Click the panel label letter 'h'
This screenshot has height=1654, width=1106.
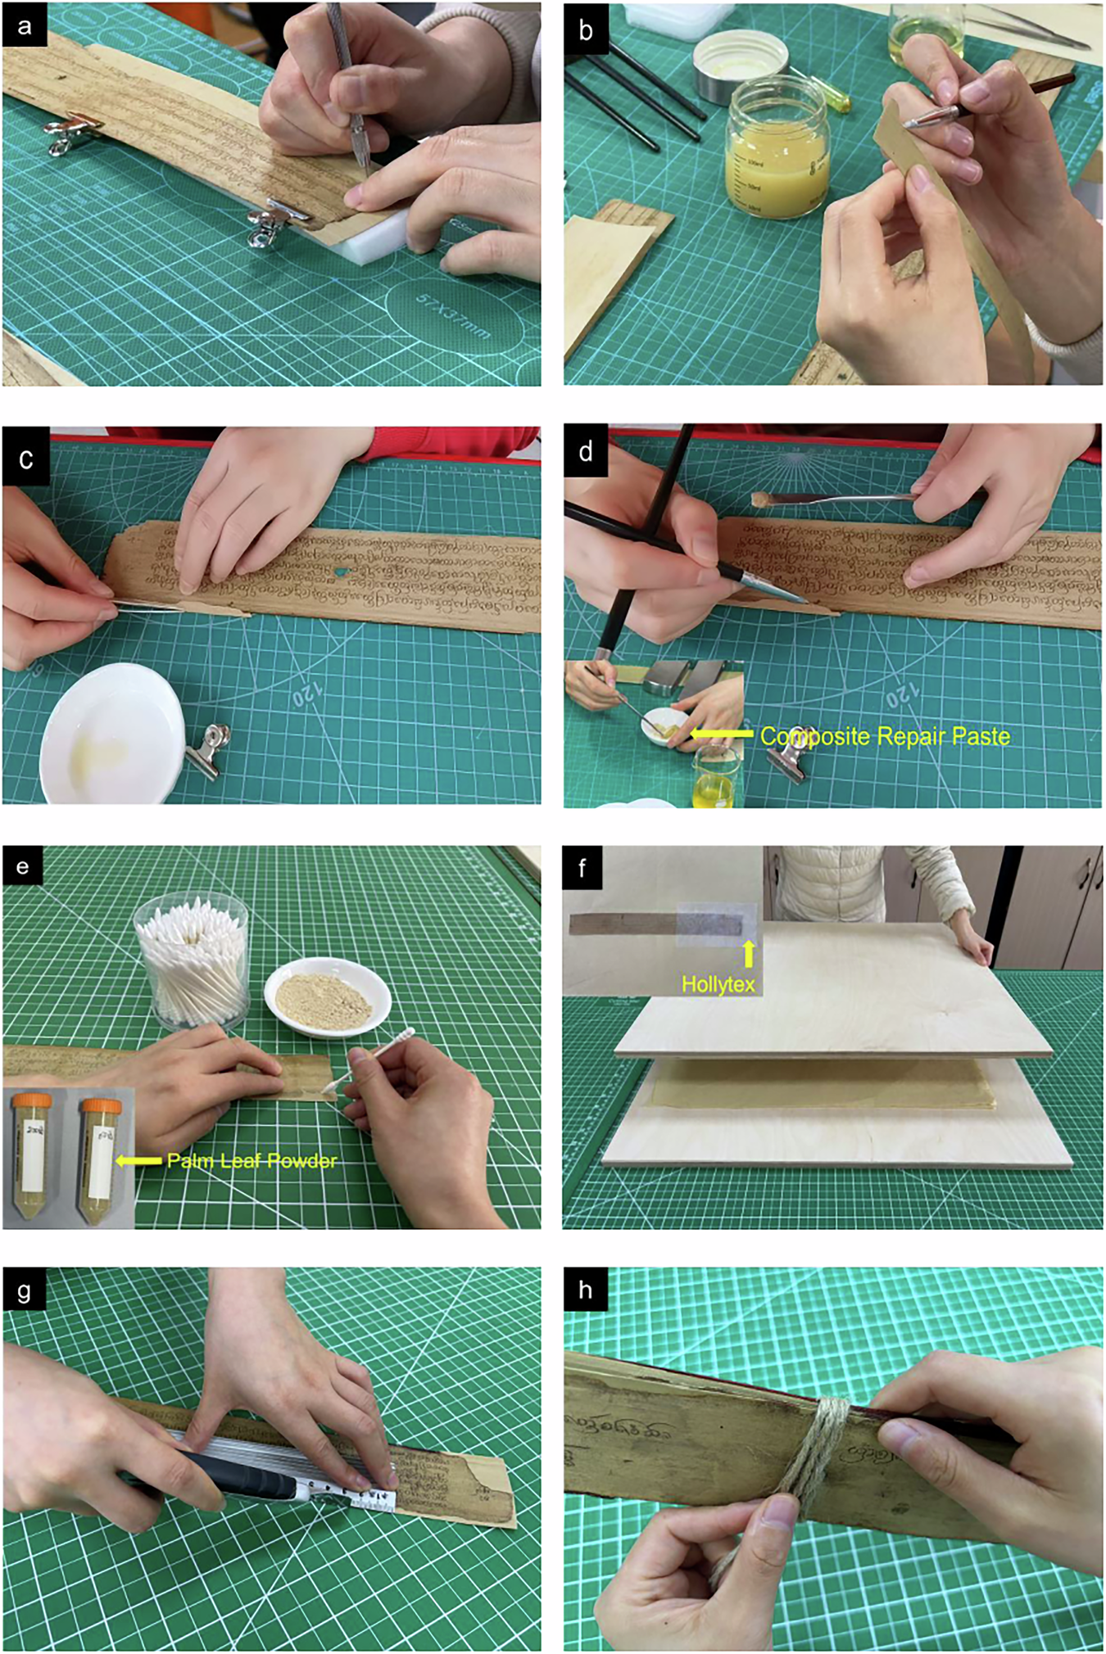click(x=585, y=1290)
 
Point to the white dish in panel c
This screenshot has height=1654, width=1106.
click(x=113, y=731)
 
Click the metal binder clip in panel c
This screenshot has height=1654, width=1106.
click(x=206, y=748)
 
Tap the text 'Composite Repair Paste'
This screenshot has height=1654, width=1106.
click(x=885, y=736)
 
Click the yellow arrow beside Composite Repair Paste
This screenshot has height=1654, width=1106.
click(x=722, y=734)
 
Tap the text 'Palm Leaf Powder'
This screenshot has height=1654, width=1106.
click(x=252, y=1160)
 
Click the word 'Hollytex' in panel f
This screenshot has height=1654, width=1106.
click(x=718, y=983)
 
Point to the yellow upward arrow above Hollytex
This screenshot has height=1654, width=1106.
click(x=747, y=954)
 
